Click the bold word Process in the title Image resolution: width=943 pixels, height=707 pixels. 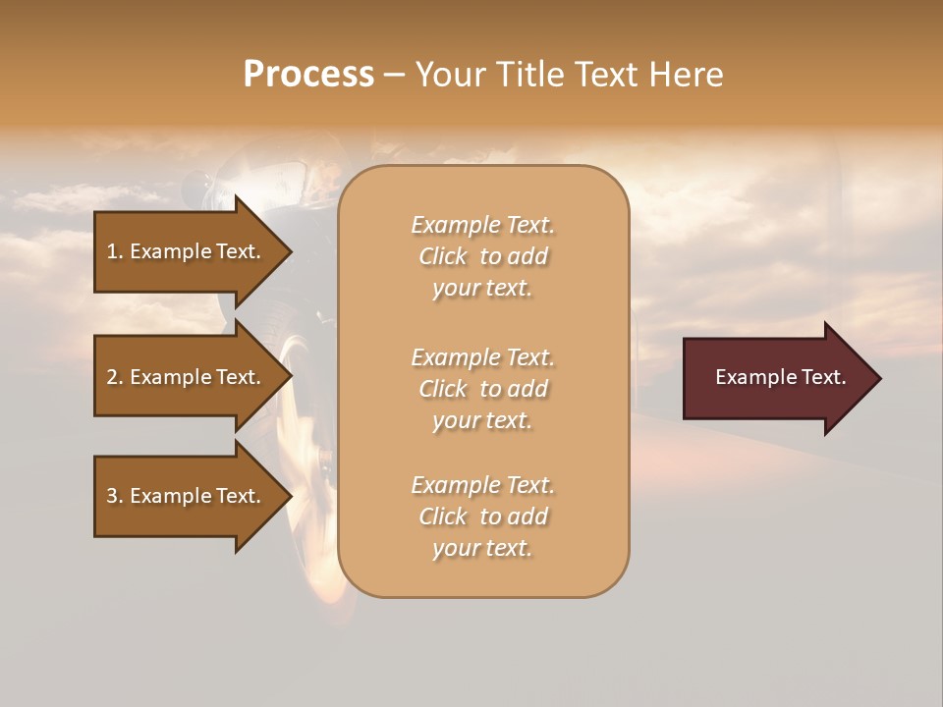coord(308,75)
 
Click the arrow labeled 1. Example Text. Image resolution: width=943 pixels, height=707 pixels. coord(187,251)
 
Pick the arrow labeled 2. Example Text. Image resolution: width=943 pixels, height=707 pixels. coord(187,377)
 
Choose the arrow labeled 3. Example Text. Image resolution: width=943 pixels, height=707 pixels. coord(187,496)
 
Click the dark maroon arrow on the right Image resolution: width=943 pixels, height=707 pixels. coord(776,377)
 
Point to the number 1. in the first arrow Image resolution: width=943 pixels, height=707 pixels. coord(115,251)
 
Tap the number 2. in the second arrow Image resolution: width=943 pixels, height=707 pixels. coord(115,377)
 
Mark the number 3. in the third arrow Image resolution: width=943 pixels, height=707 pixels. coord(115,496)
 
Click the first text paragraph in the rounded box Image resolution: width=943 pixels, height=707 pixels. coord(482,256)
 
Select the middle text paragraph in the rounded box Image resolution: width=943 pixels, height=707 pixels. coord(482,389)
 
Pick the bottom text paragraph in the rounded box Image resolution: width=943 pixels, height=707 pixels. coord(482,517)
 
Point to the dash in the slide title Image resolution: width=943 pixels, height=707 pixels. coord(394,75)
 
